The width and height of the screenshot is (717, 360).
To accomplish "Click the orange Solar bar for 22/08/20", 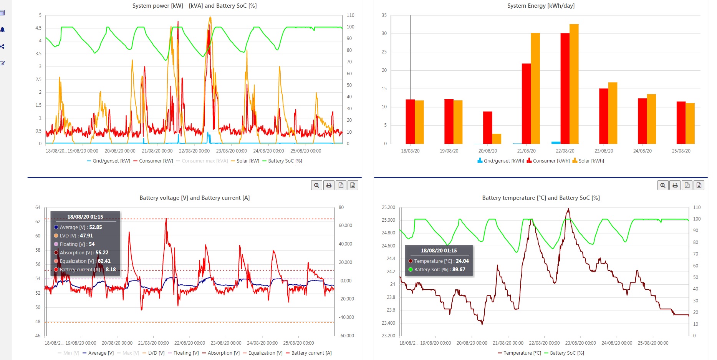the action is tap(574, 84).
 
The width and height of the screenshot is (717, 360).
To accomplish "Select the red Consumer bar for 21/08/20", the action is tap(526, 104).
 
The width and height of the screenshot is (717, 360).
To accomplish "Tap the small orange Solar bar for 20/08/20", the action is tap(497, 139).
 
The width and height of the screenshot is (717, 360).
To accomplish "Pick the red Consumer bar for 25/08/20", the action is tap(681, 123).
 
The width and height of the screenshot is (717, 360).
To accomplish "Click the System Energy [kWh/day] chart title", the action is tap(541, 6).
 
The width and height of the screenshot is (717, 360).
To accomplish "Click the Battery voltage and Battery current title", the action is tap(194, 198).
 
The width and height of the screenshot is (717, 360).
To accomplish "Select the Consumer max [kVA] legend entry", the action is tap(202, 161).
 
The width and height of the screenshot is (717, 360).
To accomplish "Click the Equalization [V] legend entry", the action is tap(263, 353).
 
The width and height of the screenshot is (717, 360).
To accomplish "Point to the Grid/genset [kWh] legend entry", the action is tap(501, 161).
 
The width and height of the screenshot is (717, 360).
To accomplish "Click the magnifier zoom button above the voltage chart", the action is tap(316, 185).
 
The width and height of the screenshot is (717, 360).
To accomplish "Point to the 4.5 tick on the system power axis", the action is tap(38, 28).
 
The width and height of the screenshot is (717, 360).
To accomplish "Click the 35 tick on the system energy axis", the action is tap(384, 15).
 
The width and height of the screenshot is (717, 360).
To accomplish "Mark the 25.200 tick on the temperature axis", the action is tap(388, 207).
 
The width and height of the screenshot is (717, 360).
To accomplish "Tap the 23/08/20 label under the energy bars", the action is tap(604, 151).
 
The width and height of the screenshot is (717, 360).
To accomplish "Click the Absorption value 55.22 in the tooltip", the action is tap(102, 253).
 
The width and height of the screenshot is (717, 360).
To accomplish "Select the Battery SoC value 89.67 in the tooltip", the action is tap(459, 270).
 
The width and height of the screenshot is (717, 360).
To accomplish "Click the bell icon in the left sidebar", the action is tap(2, 30).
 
